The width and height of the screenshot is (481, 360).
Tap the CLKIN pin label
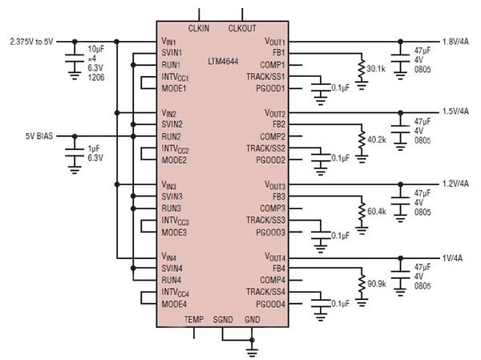click(198, 27)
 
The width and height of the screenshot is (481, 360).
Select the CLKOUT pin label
click(243, 27)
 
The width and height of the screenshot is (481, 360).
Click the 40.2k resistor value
click(376, 140)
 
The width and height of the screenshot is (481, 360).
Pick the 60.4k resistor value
click(376, 212)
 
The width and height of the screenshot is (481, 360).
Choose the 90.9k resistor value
click(376, 283)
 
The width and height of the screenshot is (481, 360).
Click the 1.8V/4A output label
click(458, 40)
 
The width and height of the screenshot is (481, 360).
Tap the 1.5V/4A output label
click(458, 112)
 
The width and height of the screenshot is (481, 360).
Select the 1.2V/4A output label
click(458, 184)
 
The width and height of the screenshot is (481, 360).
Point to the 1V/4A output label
click(454, 257)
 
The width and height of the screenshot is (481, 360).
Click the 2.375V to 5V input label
click(33, 40)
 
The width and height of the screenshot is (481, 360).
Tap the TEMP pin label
click(194, 319)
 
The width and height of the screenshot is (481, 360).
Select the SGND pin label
click(224, 319)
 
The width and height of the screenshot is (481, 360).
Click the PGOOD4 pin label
click(271, 304)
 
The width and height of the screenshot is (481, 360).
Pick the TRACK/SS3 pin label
click(266, 220)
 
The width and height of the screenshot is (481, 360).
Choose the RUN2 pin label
click(172, 136)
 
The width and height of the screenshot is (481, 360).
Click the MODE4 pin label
click(174, 304)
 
